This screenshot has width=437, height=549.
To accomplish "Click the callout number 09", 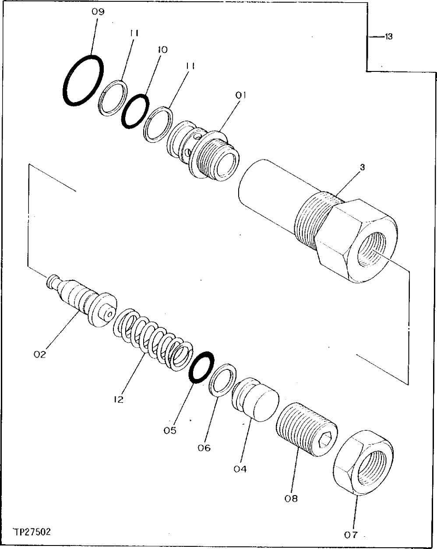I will click(98, 12).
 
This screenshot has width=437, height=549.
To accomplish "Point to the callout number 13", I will click(387, 37).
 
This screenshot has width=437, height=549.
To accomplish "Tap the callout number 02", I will click(39, 354).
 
